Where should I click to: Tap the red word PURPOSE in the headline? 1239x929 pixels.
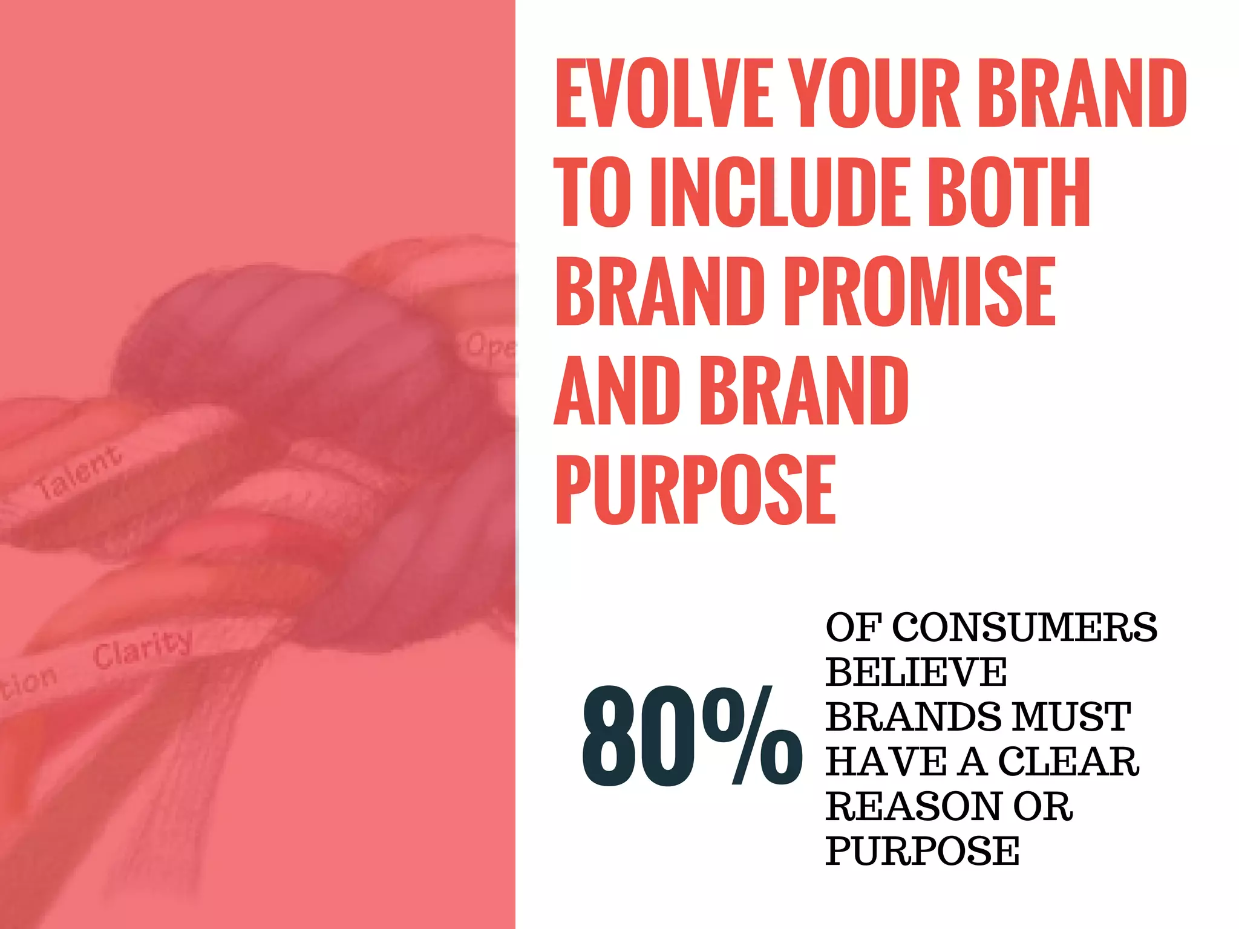(696, 490)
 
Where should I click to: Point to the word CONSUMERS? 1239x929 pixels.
(1024, 628)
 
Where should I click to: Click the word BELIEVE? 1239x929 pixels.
(916, 673)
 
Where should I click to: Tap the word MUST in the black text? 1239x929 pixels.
(1071, 717)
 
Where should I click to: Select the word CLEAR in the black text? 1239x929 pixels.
(1068, 762)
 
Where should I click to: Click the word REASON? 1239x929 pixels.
(913, 807)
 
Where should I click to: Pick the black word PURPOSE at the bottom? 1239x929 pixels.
(922, 852)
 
